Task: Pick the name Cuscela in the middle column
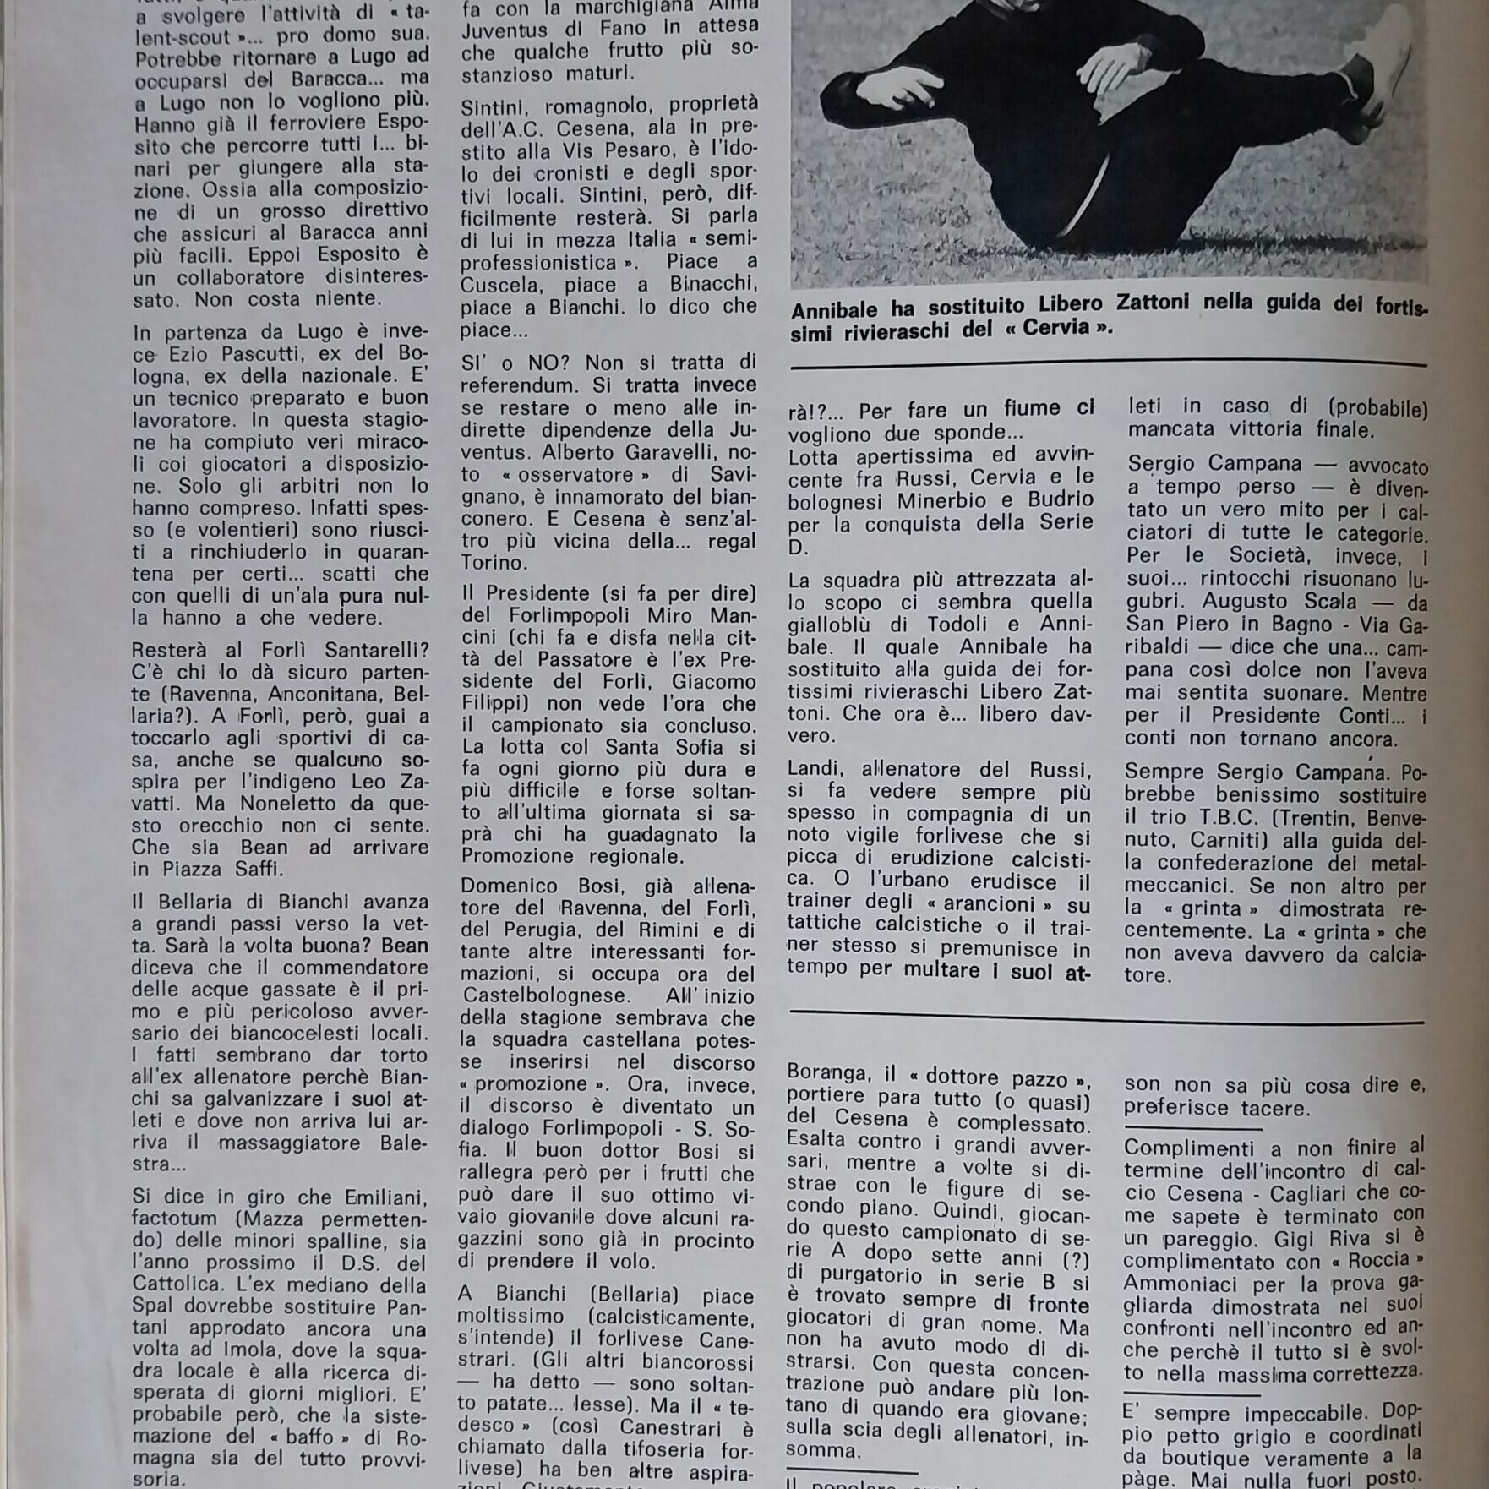(x=500, y=285)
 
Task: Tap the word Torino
(x=492, y=562)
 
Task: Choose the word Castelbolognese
(x=554, y=996)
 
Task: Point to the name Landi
(x=815, y=770)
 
